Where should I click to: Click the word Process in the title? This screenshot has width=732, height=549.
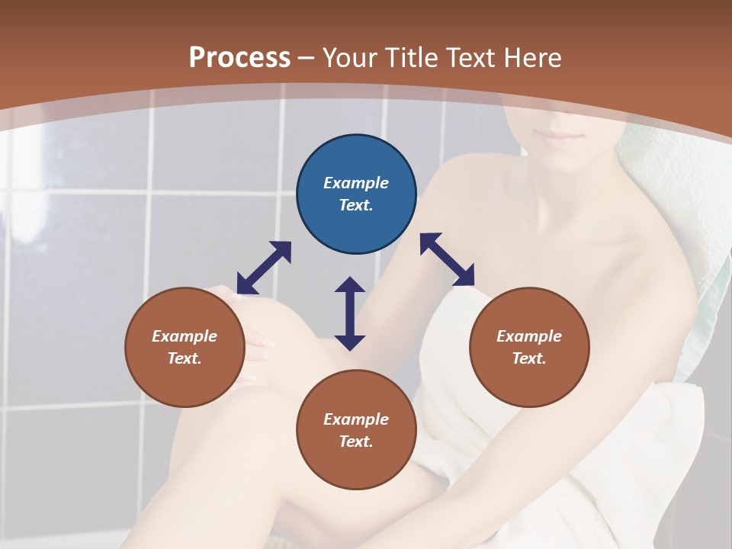coord(239,58)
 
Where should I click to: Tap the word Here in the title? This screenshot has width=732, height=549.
coord(531,58)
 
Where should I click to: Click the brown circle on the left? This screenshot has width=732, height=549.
coord(185,347)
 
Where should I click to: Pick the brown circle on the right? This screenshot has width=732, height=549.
coord(529,347)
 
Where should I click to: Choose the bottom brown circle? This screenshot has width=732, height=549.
coord(356,430)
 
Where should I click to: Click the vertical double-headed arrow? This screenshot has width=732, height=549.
coord(350,313)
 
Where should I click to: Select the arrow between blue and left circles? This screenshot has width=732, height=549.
coord(264,268)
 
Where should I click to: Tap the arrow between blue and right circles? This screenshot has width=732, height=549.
coord(447,259)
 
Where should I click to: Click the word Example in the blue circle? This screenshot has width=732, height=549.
coord(356,183)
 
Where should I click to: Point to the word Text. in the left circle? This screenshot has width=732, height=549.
coord(185,358)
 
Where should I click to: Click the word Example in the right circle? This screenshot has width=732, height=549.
coord(529,336)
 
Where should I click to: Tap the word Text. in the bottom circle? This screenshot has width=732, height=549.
coord(356,441)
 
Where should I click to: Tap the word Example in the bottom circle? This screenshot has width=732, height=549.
coord(356,419)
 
